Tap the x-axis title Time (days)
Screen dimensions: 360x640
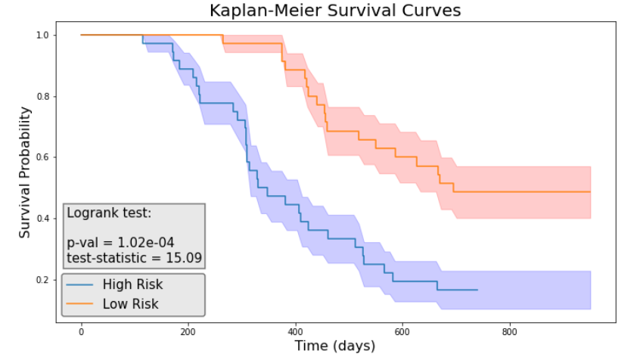click(335, 346)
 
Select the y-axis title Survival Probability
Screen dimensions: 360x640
click(25, 172)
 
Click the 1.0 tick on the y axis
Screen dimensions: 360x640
click(42, 36)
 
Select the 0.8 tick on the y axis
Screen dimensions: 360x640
click(42, 97)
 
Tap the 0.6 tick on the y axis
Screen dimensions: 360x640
click(42, 157)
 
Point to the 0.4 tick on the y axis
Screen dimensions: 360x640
click(42, 219)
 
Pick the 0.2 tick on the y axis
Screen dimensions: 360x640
click(42, 280)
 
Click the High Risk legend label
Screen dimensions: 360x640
click(132, 285)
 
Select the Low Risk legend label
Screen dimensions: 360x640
click(130, 304)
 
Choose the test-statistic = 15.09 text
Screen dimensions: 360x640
click(134, 259)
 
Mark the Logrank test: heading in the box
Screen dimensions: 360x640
click(110, 213)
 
